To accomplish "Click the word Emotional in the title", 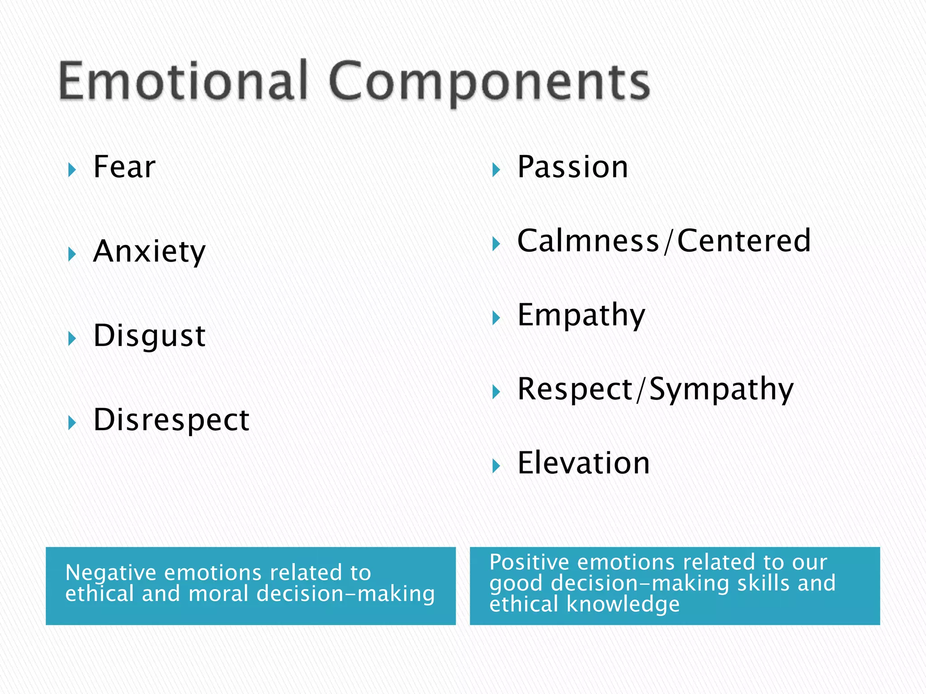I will pos(183,81).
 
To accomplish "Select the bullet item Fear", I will pos(124,167).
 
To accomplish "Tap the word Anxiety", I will pos(149,252).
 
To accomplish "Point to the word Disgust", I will pos(150,336).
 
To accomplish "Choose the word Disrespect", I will pos(171,420).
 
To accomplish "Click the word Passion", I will pos(572,167).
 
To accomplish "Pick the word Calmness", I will pos(588,241).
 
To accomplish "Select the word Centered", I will pos(744,241).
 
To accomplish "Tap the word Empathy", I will pos(581,315).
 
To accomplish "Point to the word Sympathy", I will pos(721,389).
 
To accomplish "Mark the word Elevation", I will pos(584,463).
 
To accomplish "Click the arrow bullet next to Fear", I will pos(72,170).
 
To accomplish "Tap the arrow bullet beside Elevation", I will pos(496,466).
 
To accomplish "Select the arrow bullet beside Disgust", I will pos(72,338).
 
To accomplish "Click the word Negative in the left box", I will pos(111,573).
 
